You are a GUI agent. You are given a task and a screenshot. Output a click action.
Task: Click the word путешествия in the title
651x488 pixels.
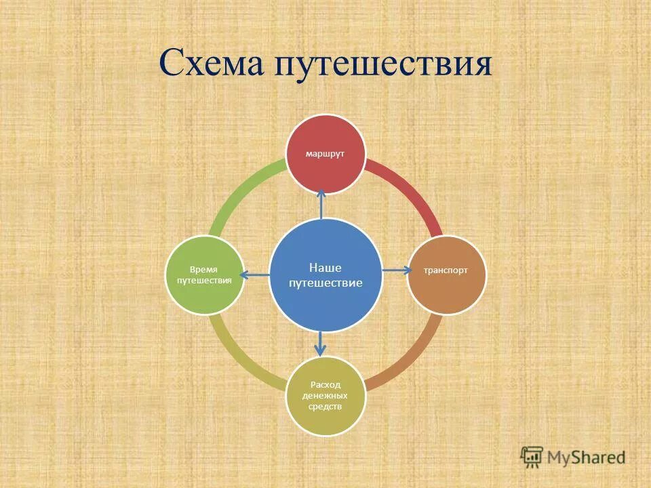click(x=383, y=66)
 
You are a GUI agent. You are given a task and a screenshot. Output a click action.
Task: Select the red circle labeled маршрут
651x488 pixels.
click(x=325, y=153)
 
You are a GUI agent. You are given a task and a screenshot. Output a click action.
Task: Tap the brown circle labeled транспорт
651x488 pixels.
click(x=446, y=275)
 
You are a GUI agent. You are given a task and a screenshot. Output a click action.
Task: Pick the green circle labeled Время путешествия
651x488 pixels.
click(x=205, y=274)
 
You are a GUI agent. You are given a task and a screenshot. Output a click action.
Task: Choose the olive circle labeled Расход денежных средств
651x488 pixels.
click(x=325, y=396)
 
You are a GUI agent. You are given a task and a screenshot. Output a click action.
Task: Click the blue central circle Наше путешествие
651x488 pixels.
click(x=325, y=275)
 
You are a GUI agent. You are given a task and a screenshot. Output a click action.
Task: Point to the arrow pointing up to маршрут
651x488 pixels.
click(x=321, y=203)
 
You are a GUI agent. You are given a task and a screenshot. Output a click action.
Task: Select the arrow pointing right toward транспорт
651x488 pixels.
click(x=397, y=270)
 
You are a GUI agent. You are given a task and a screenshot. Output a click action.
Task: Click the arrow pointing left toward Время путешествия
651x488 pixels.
click(x=255, y=274)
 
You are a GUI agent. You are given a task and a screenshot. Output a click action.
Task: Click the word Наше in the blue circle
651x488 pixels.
click(x=325, y=268)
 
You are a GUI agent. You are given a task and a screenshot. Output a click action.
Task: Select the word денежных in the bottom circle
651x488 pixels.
click(x=325, y=396)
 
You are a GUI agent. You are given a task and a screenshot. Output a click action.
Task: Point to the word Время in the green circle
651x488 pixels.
click(x=204, y=268)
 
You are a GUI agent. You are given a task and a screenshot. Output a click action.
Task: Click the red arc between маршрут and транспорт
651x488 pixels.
click(x=414, y=193)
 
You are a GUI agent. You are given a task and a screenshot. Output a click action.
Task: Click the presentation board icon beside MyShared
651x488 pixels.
click(x=532, y=457)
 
